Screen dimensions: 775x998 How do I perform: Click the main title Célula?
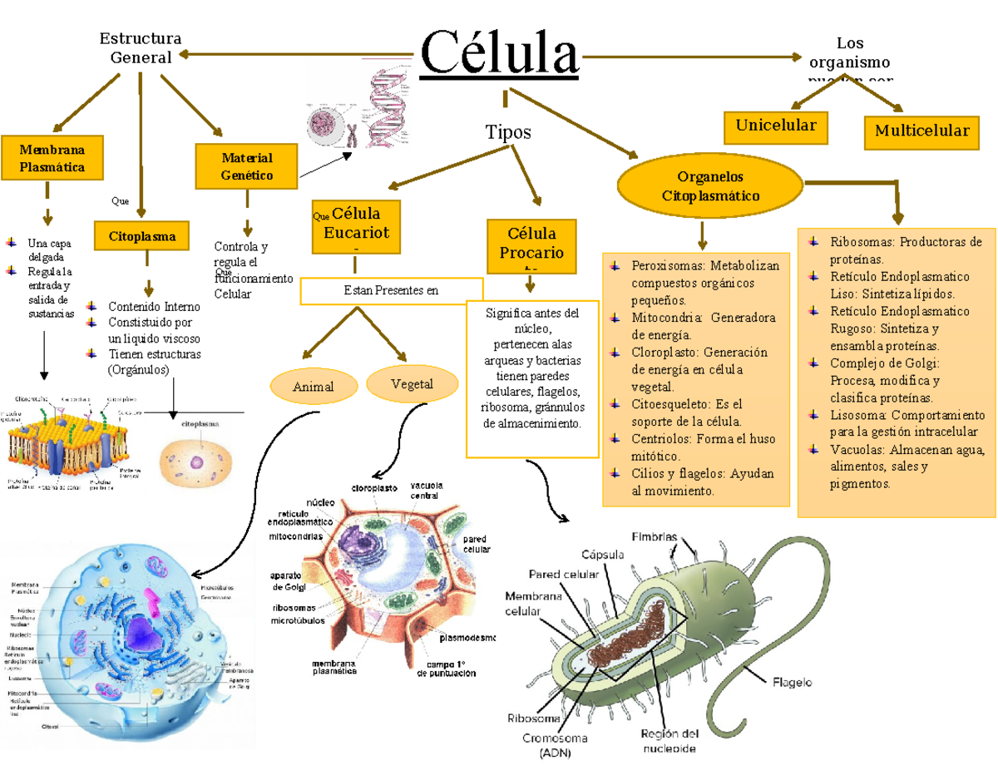tap(500, 52)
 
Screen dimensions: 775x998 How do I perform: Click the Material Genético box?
tap(246, 166)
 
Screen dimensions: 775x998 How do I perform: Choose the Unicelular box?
tap(776, 126)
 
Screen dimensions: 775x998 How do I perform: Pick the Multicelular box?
tap(921, 131)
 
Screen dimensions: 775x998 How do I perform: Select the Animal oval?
tap(314, 386)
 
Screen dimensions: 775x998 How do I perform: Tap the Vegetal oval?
tap(412, 383)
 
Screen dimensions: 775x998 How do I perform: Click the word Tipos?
tap(507, 132)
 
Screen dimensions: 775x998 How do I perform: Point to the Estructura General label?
tap(141, 48)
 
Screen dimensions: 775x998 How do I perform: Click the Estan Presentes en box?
tap(391, 290)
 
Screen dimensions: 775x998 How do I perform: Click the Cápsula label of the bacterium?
tap(606, 554)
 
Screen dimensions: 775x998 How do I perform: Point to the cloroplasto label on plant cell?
tap(373, 488)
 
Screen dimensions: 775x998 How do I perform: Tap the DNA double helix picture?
tap(387, 108)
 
